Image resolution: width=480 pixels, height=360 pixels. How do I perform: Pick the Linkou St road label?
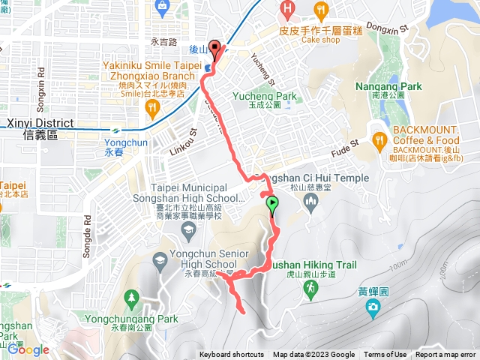[187, 122]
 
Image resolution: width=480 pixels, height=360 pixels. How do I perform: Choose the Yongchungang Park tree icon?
[132, 298]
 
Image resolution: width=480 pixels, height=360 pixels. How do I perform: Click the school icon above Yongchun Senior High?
[160, 259]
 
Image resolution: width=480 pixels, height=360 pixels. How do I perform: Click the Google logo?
[29, 349]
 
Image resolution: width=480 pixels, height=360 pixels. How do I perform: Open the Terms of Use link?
[385, 355]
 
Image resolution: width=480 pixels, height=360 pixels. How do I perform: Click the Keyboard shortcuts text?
[232, 355]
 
